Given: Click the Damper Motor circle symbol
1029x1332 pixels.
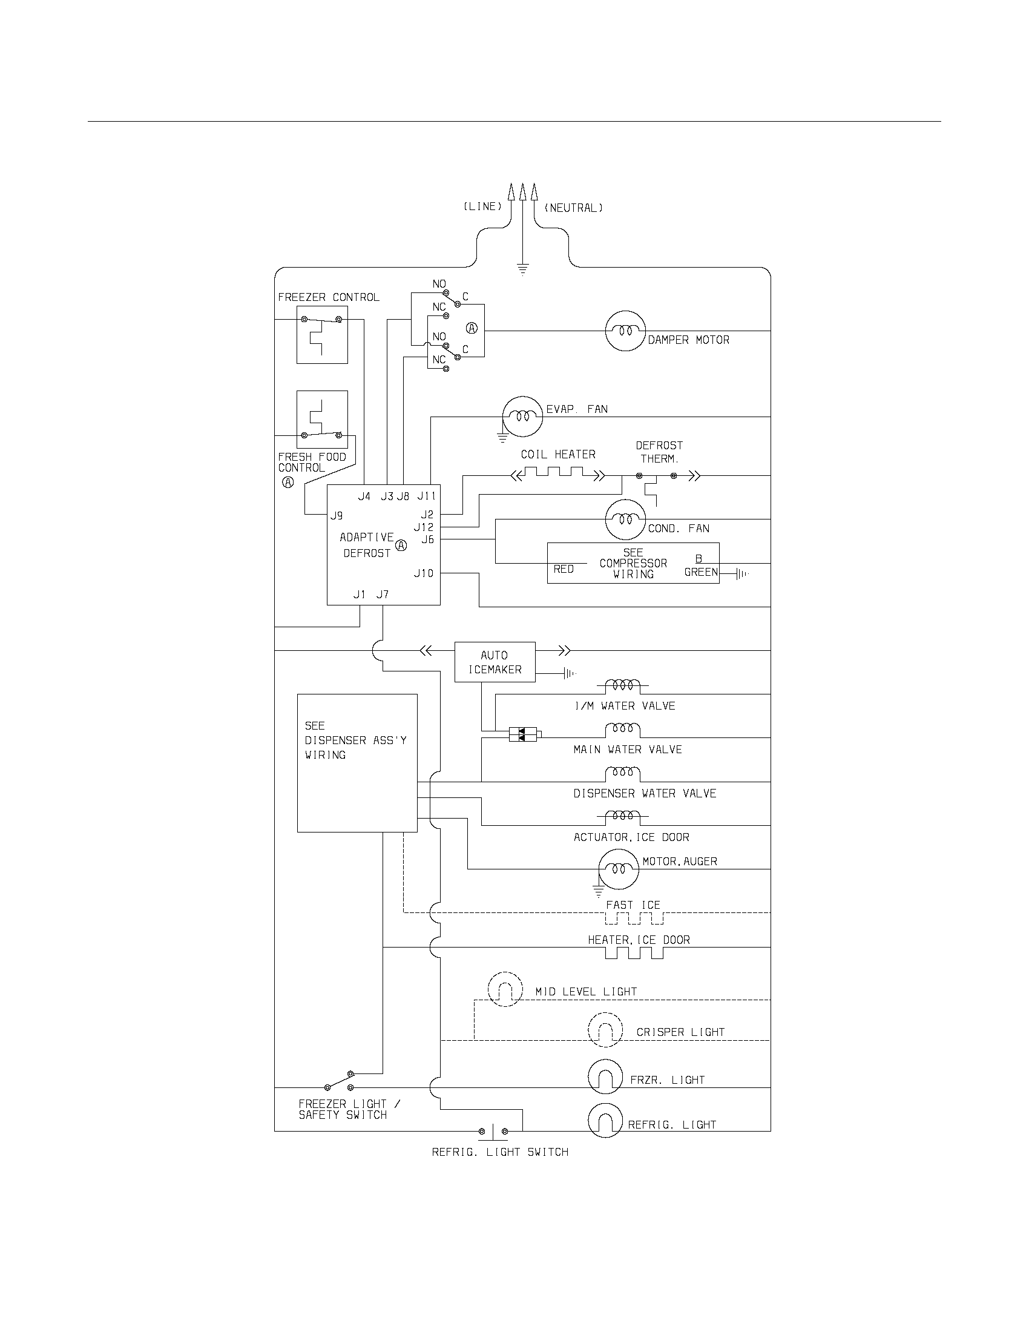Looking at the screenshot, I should click(625, 331).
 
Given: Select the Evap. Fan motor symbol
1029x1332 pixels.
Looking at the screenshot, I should click(522, 417).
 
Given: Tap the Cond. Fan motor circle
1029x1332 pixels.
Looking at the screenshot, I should click(625, 519).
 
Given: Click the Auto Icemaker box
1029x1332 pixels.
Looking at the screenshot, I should click(495, 662).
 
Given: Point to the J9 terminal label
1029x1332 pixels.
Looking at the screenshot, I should click(337, 516).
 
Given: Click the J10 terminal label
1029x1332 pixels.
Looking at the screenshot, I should click(424, 573).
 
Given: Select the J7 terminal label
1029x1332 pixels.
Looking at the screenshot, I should click(382, 595).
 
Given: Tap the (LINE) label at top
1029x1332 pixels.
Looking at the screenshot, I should click(482, 206).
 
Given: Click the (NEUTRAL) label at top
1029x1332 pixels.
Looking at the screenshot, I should click(573, 208).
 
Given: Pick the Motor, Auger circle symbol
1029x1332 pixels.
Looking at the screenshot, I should click(618, 868).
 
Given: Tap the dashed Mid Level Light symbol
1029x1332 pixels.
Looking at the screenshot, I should click(505, 989).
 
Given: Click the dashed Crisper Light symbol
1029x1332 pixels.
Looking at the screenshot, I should click(605, 1030).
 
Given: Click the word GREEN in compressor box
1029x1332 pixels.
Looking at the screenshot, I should click(701, 572).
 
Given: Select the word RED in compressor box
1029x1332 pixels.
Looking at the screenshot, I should click(564, 569).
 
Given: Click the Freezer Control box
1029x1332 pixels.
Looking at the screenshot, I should click(322, 335).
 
